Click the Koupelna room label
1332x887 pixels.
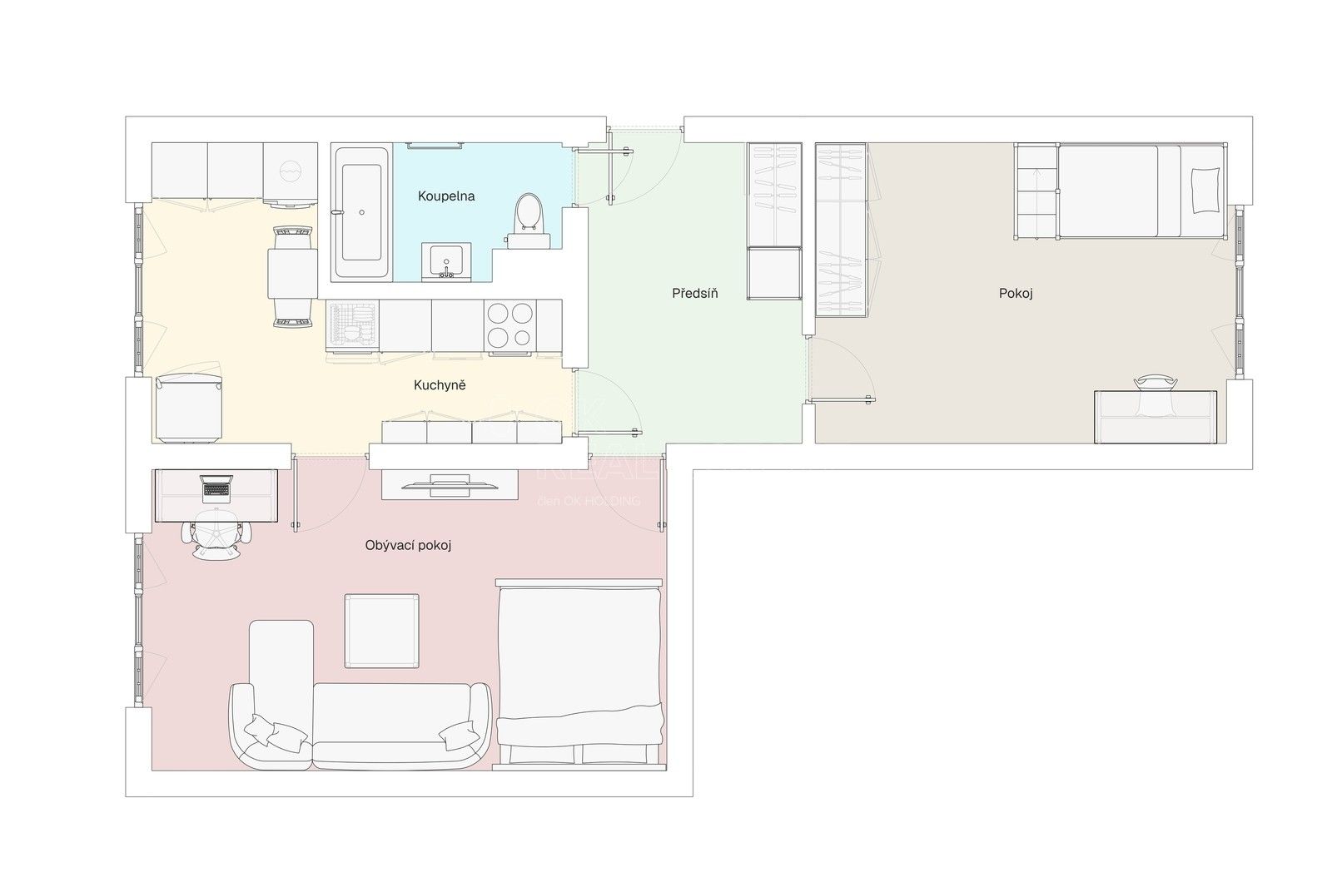446,196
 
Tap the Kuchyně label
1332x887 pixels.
440,385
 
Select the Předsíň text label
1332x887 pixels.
695,293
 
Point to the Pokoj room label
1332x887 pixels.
1016,293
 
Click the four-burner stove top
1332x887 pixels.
509,325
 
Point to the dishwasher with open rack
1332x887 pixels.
353,326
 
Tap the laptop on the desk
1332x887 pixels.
216,488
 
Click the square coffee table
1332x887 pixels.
381,631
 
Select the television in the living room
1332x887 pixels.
450,483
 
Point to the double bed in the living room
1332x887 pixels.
579,670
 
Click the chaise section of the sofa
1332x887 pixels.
281,666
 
